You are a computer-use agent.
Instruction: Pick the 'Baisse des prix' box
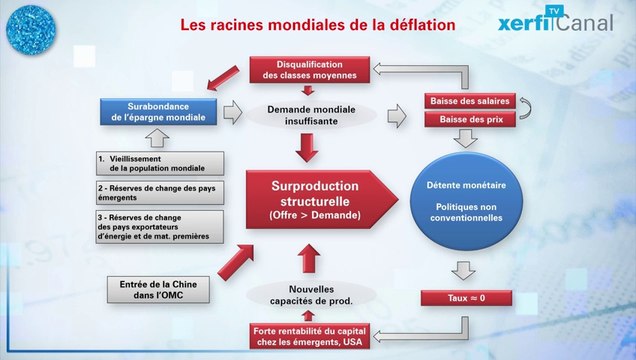470,120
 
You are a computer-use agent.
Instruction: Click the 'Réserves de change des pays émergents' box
158,192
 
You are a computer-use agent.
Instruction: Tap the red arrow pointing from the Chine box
234,262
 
